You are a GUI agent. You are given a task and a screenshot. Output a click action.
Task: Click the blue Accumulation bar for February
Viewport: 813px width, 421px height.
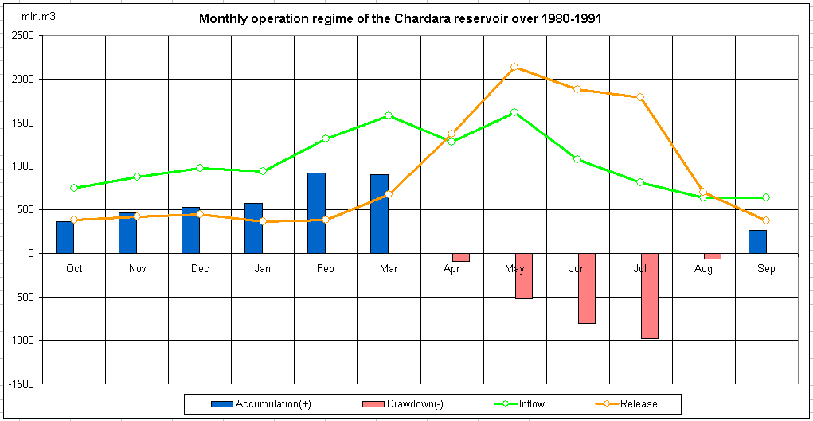[x=316, y=213]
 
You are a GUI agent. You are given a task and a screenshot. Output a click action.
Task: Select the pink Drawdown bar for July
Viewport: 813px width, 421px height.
[x=649, y=296]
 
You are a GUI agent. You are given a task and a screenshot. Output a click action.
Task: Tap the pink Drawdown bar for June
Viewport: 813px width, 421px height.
[x=586, y=288]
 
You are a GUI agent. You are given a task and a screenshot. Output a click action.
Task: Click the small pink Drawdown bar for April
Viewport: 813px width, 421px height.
[x=460, y=257]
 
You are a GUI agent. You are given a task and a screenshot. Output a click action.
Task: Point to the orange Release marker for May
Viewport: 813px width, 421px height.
[x=514, y=67]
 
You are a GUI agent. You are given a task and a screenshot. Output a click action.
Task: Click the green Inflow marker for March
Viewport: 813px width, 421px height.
[x=389, y=115]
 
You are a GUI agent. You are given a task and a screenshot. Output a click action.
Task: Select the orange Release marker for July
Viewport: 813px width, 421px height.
[x=640, y=97]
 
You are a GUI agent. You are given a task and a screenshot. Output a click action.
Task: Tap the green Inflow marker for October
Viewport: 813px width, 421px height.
[x=74, y=188]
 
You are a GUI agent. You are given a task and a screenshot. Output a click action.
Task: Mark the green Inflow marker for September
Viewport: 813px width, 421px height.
[x=766, y=197]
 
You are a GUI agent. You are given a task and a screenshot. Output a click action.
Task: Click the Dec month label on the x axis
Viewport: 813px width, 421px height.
[x=200, y=269]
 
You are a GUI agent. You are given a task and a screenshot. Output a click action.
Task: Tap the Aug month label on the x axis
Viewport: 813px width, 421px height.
[x=703, y=269]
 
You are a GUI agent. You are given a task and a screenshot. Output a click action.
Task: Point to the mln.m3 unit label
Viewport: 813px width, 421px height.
[x=33, y=16]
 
